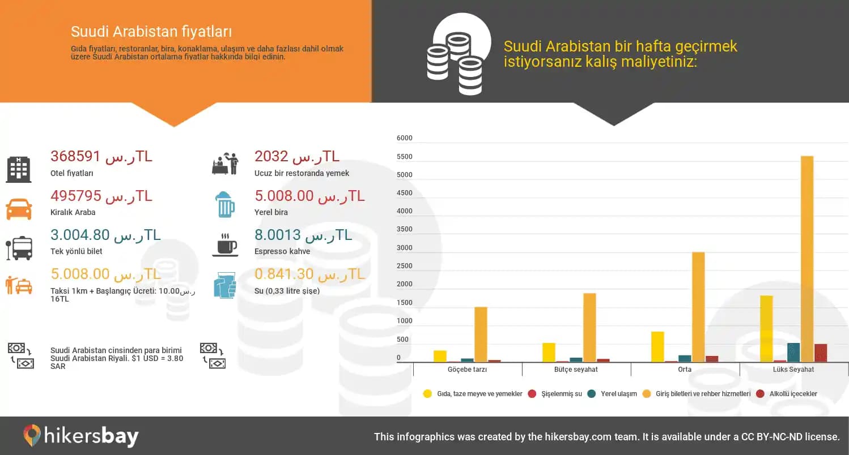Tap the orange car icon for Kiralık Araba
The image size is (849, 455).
tap(19, 208)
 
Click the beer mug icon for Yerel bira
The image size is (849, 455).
tap(225, 205)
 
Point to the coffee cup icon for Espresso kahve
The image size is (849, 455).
tap(225, 245)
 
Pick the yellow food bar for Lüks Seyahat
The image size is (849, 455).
tap(766, 328)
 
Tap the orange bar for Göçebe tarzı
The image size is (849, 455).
tap(481, 334)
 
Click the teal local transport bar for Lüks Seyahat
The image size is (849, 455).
tap(793, 352)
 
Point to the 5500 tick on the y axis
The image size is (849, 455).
tap(405, 157)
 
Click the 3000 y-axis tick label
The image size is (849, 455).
tap(405, 248)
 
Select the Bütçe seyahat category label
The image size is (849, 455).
tap(576, 370)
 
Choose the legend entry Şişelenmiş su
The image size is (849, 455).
tap(561, 394)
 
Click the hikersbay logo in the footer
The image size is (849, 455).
tap(81, 436)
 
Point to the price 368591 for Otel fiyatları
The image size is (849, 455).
tap(75, 156)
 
